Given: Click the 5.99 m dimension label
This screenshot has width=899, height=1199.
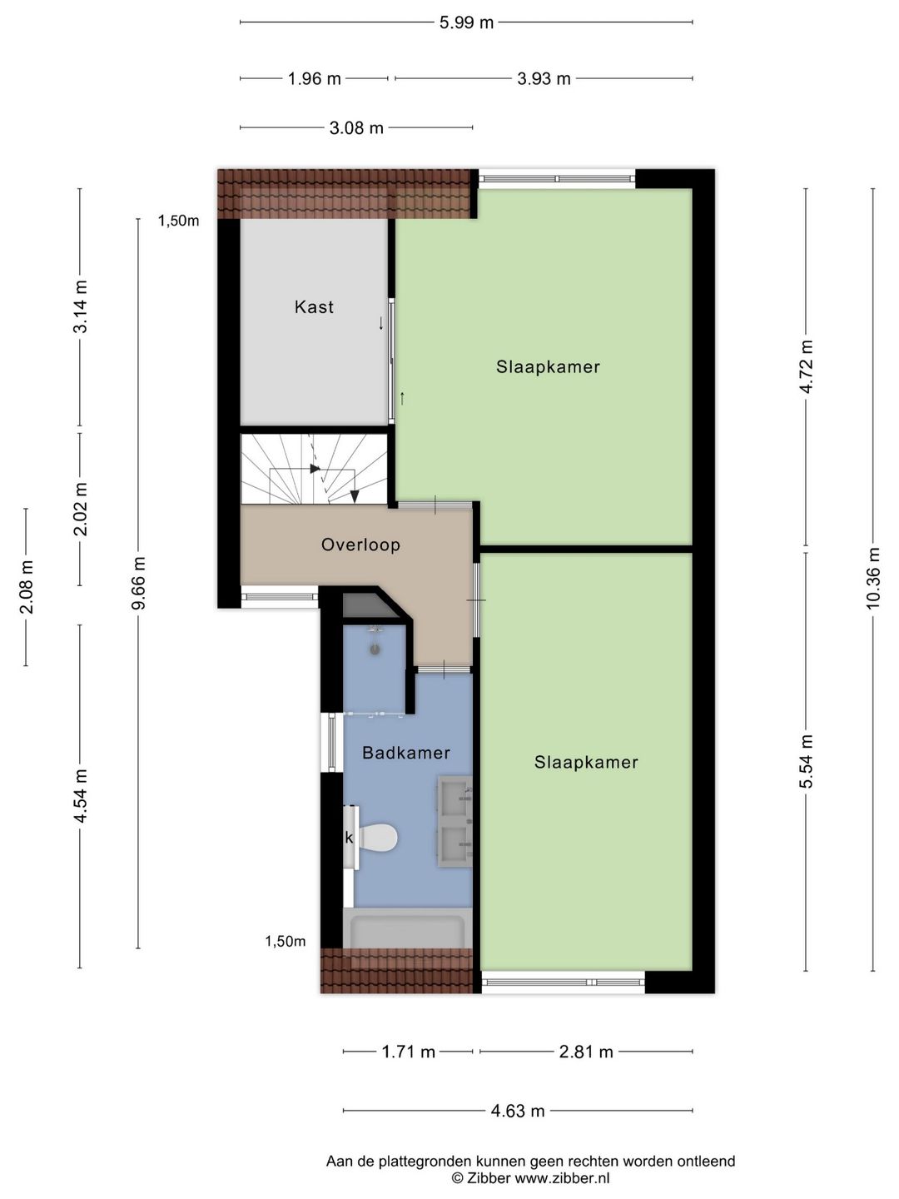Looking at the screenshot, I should [466, 22].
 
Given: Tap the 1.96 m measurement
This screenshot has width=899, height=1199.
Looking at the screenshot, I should [314, 79].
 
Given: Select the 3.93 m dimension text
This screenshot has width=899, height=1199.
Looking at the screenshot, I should [544, 79].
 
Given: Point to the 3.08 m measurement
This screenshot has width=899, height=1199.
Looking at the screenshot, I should [356, 128].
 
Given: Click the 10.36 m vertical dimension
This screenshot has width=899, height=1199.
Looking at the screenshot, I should [872, 578].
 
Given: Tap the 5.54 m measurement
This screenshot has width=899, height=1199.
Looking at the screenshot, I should [806, 761].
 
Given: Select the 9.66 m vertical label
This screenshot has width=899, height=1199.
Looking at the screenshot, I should [138, 583].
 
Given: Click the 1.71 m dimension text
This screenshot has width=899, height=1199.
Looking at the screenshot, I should [408, 1052].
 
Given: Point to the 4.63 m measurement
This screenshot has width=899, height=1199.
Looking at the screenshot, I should [517, 1111].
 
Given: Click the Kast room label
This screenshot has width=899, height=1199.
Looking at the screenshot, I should [314, 307].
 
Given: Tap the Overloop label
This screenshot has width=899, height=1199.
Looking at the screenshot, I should [360, 545].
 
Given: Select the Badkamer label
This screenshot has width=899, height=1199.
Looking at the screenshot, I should [405, 753].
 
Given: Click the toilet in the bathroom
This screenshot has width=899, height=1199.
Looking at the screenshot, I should [378, 837].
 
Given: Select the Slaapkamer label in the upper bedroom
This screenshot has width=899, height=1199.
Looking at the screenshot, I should [548, 367].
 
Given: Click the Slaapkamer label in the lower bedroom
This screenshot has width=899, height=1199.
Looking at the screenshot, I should [586, 762].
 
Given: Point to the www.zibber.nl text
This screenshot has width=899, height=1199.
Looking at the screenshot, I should [562, 1178].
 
